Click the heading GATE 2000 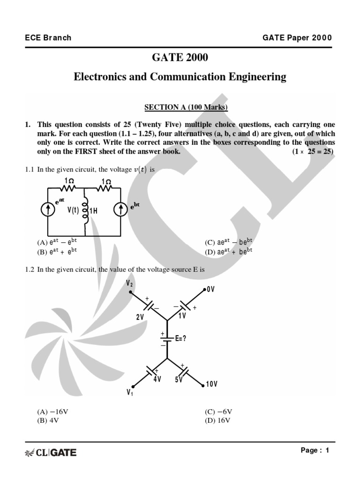[x=180, y=58]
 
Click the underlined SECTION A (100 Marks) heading [x=186, y=107]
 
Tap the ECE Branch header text [x=48, y=37]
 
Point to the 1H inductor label [x=93, y=211]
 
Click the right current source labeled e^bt [x=121, y=210]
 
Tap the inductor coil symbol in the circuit [x=85, y=210]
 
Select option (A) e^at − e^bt [x=57, y=242]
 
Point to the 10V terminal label [x=211, y=384]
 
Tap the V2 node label [x=130, y=283]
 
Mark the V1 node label [x=130, y=393]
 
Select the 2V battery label [x=140, y=317]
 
